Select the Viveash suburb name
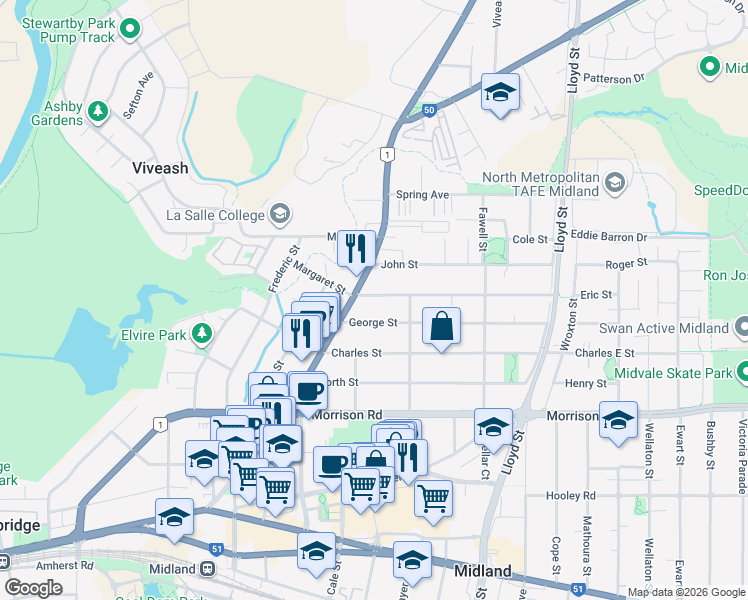pos(160,168)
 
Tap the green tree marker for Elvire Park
pos(203,332)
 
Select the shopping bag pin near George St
pos(441,326)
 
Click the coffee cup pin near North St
pos(308,390)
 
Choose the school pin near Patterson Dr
pos(500,93)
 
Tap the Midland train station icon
pos(208,568)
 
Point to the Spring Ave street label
pos(422,195)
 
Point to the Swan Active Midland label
pos(663,328)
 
